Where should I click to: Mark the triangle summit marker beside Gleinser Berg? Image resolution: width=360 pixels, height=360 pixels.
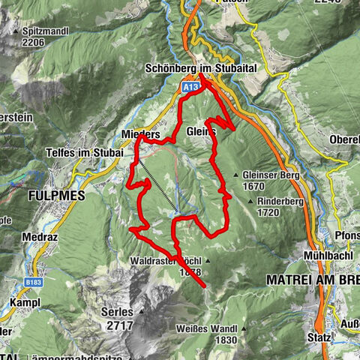(x=236, y=175)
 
